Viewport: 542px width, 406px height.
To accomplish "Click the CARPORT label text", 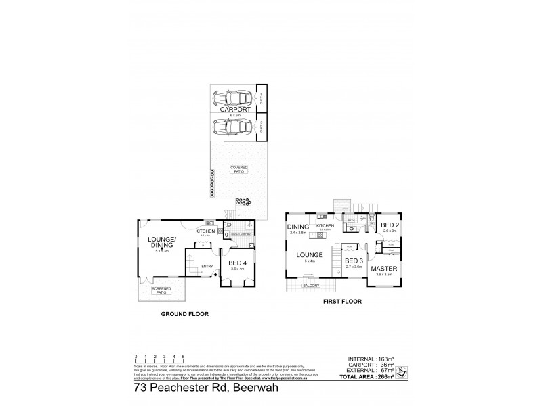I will (x=231, y=110).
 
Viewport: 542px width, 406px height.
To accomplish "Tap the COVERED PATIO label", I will (x=238, y=169).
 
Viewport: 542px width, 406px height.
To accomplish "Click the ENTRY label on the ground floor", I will (x=207, y=267).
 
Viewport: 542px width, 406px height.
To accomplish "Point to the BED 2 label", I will (x=389, y=225).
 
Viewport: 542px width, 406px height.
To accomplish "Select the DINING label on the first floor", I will (x=298, y=227).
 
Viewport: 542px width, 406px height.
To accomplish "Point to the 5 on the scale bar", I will (x=184, y=355).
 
